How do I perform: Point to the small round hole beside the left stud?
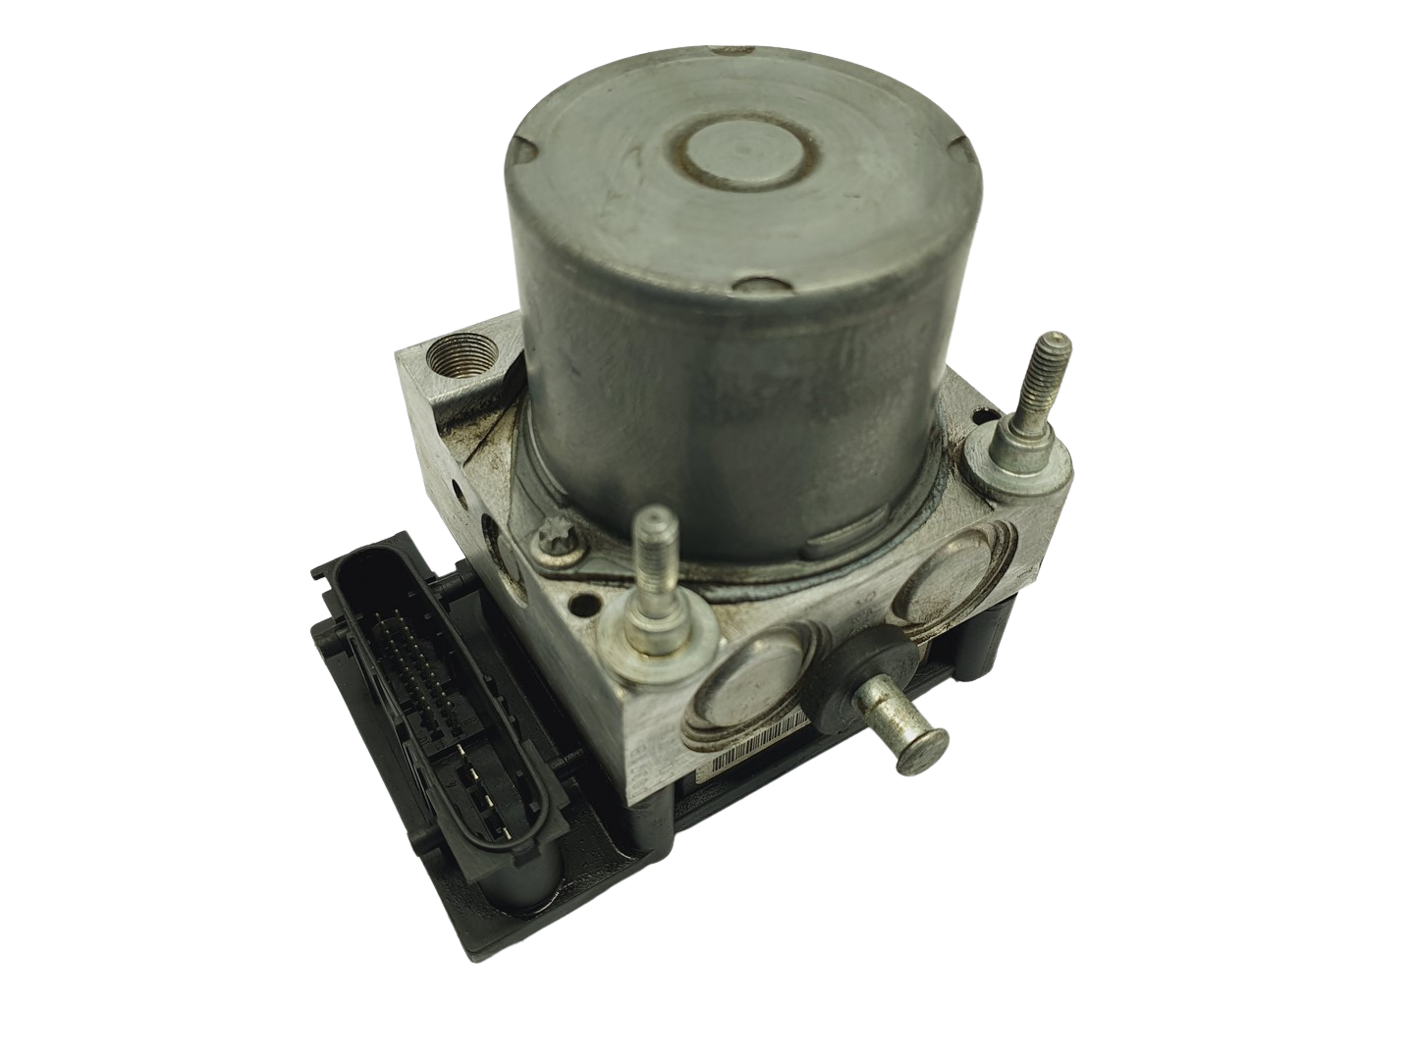(x=589, y=602)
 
